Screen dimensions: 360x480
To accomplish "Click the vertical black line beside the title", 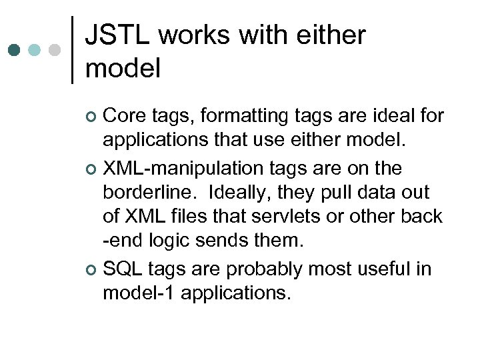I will (72, 50).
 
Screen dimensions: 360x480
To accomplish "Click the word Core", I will (125, 116).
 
